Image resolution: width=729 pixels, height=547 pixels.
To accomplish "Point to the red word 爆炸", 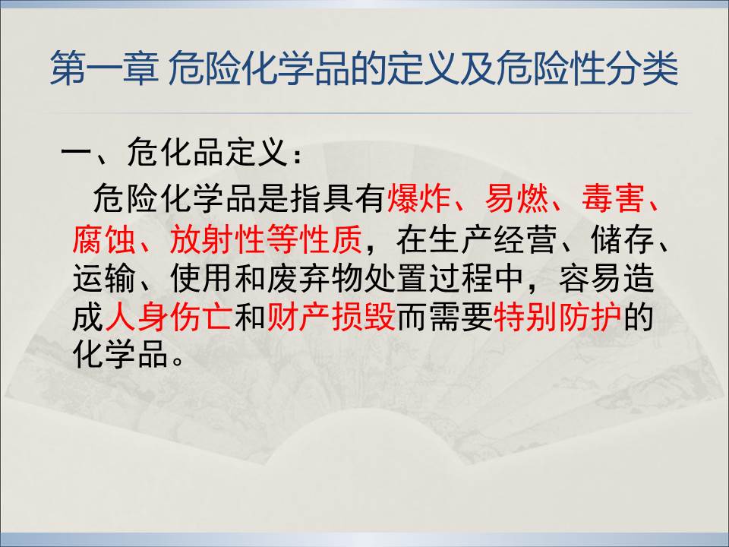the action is (x=418, y=198).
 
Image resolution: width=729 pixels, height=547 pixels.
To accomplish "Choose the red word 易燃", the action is (x=516, y=198).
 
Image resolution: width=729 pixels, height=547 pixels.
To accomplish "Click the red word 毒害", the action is (x=614, y=198).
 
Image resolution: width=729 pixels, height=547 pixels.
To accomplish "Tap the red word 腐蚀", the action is (x=104, y=239).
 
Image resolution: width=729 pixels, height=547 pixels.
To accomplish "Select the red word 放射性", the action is (x=218, y=239).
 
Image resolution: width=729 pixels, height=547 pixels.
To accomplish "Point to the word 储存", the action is (x=623, y=239).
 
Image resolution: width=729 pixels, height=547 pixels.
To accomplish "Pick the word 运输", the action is (x=104, y=279).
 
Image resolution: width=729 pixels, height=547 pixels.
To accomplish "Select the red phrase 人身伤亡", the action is (x=169, y=318).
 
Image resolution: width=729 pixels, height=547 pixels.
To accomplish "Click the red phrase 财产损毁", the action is (x=331, y=318).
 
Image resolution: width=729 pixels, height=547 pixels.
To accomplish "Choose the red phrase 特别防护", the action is (x=557, y=318).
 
